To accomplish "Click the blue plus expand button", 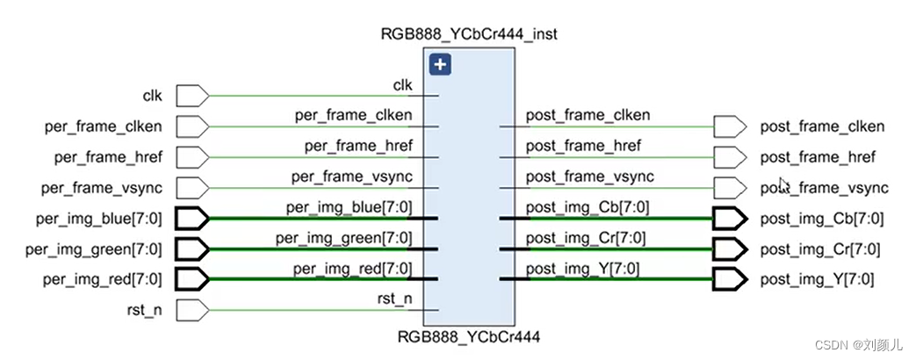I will [440, 64].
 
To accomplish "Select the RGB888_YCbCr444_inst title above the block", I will [468, 34].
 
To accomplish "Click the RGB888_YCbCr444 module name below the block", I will [468, 335].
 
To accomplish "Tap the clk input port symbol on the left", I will [191, 95].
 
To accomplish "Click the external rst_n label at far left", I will [141, 311].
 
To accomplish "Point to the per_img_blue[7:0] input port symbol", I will [191, 219].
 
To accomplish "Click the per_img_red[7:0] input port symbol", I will [191, 280].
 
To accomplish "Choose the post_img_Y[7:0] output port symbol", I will [727, 280].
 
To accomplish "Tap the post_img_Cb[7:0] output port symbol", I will [727, 219].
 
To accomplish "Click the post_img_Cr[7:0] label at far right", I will [821, 249].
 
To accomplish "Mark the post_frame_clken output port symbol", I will [727, 126].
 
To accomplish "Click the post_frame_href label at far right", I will [818, 157].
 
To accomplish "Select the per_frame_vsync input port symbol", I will [191, 188].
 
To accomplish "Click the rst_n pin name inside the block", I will [395, 299].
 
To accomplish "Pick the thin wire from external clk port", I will [316, 95].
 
